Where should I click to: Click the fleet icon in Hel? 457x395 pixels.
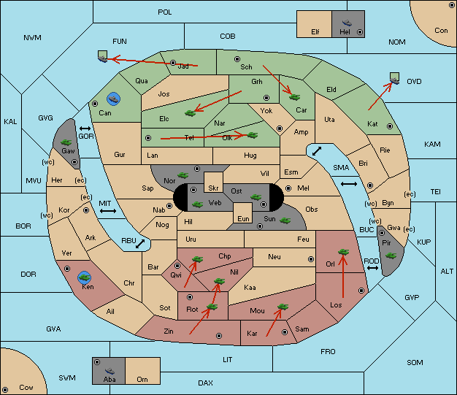point(347,23)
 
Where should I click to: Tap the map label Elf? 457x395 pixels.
point(315,32)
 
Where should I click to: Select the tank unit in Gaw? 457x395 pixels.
point(66,142)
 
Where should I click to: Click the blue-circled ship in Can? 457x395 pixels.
point(113,99)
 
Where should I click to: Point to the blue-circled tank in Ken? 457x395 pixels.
point(85,277)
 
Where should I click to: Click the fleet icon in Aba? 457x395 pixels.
point(110,370)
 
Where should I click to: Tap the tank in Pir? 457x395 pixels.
point(391,256)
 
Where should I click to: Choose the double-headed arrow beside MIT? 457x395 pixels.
point(108,211)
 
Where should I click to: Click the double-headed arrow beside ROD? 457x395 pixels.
point(372,268)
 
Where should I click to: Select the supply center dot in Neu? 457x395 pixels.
point(311,259)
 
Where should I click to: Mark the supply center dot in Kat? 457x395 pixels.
point(390,126)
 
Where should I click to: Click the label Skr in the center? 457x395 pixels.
point(213,188)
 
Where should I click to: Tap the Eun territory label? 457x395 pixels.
point(243,218)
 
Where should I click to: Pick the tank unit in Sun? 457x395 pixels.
point(285,220)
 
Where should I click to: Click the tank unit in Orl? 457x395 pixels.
point(343,252)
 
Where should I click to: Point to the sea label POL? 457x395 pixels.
point(165,12)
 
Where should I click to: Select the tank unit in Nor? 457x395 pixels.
point(183,175)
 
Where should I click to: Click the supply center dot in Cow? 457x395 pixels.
point(5,390)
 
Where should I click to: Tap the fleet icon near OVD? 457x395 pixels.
point(395,79)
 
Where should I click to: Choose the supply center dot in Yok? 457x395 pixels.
point(280,129)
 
